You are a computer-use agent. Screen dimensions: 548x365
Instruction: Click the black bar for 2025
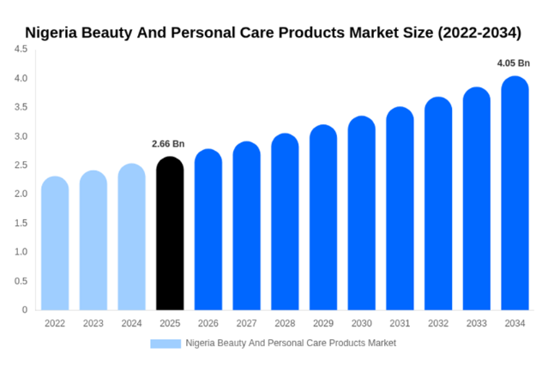[x=170, y=233]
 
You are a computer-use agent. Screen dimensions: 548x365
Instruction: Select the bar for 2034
[x=515, y=193]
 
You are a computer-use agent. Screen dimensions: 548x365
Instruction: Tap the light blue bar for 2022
[x=55, y=243]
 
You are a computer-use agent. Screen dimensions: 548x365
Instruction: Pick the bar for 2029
[x=323, y=218]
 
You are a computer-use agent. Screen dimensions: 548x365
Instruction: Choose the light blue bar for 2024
[x=131, y=236]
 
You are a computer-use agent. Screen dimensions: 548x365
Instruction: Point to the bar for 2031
[x=400, y=208]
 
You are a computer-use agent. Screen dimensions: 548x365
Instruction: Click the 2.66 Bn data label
[x=168, y=144]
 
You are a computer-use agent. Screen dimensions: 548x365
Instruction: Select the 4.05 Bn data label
[x=514, y=63]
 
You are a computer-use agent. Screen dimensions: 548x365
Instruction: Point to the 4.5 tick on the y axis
[x=21, y=49]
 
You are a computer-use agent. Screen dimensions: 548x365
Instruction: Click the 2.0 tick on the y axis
[x=21, y=194]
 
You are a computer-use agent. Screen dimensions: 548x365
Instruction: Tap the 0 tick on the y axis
[x=25, y=310]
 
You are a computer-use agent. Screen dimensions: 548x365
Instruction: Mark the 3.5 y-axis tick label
[x=21, y=107]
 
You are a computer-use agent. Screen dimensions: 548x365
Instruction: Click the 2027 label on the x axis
[x=246, y=323]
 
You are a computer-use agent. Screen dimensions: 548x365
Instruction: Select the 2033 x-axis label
[x=476, y=323]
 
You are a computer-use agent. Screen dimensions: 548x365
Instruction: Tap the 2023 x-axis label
[x=93, y=323]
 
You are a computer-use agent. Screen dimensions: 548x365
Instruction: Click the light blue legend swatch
[x=166, y=344]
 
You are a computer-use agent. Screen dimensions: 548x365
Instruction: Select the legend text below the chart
[x=291, y=344]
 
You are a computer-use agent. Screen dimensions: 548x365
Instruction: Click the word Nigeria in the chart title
[x=51, y=33]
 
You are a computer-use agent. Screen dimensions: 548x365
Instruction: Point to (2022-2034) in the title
[x=479, y=33]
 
